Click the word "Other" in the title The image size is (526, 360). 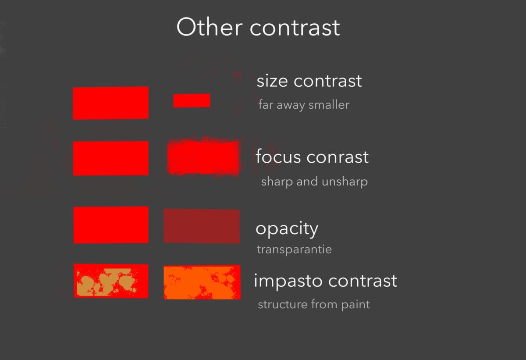(209, 27)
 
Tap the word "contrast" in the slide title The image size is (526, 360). (295, 27)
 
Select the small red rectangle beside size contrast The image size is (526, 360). (192, 100)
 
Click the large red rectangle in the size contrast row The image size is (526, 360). (110, 103)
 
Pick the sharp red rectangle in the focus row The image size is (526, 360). (110, 158)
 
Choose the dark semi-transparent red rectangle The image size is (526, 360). (202, 226)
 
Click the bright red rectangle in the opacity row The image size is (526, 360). (111, 225)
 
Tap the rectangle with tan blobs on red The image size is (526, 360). (111, 281)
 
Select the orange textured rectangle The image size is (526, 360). (202, 282)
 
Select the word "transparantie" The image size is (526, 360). (294, 250)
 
